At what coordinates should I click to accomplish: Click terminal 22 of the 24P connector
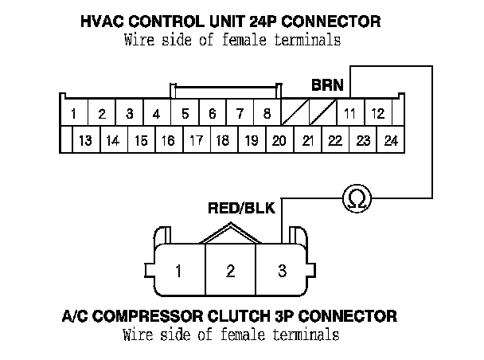pos(335,141)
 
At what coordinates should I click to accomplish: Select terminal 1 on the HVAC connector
pos(73,114)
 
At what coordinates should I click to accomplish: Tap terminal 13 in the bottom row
pos(86,141)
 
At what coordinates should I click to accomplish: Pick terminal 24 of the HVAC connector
pos(390,141)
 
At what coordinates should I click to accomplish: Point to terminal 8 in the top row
pos(267,114)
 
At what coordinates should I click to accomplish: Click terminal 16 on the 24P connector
pos(168,141)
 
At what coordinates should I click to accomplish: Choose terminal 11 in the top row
pos(349,114)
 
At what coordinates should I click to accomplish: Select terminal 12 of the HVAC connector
pos(378,114)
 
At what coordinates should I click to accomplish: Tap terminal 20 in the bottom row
pos(279,141)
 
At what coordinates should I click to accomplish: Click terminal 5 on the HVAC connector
pos(185,114)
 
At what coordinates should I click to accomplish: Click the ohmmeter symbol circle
pos(355,199)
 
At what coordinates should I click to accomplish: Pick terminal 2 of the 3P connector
pos(231,271)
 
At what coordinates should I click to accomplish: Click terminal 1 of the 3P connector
pos(179,271)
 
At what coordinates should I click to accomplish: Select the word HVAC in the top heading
pos(103,22)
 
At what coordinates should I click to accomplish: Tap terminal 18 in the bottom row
pos(223,141)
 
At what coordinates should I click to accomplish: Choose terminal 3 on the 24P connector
pos(130,114)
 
